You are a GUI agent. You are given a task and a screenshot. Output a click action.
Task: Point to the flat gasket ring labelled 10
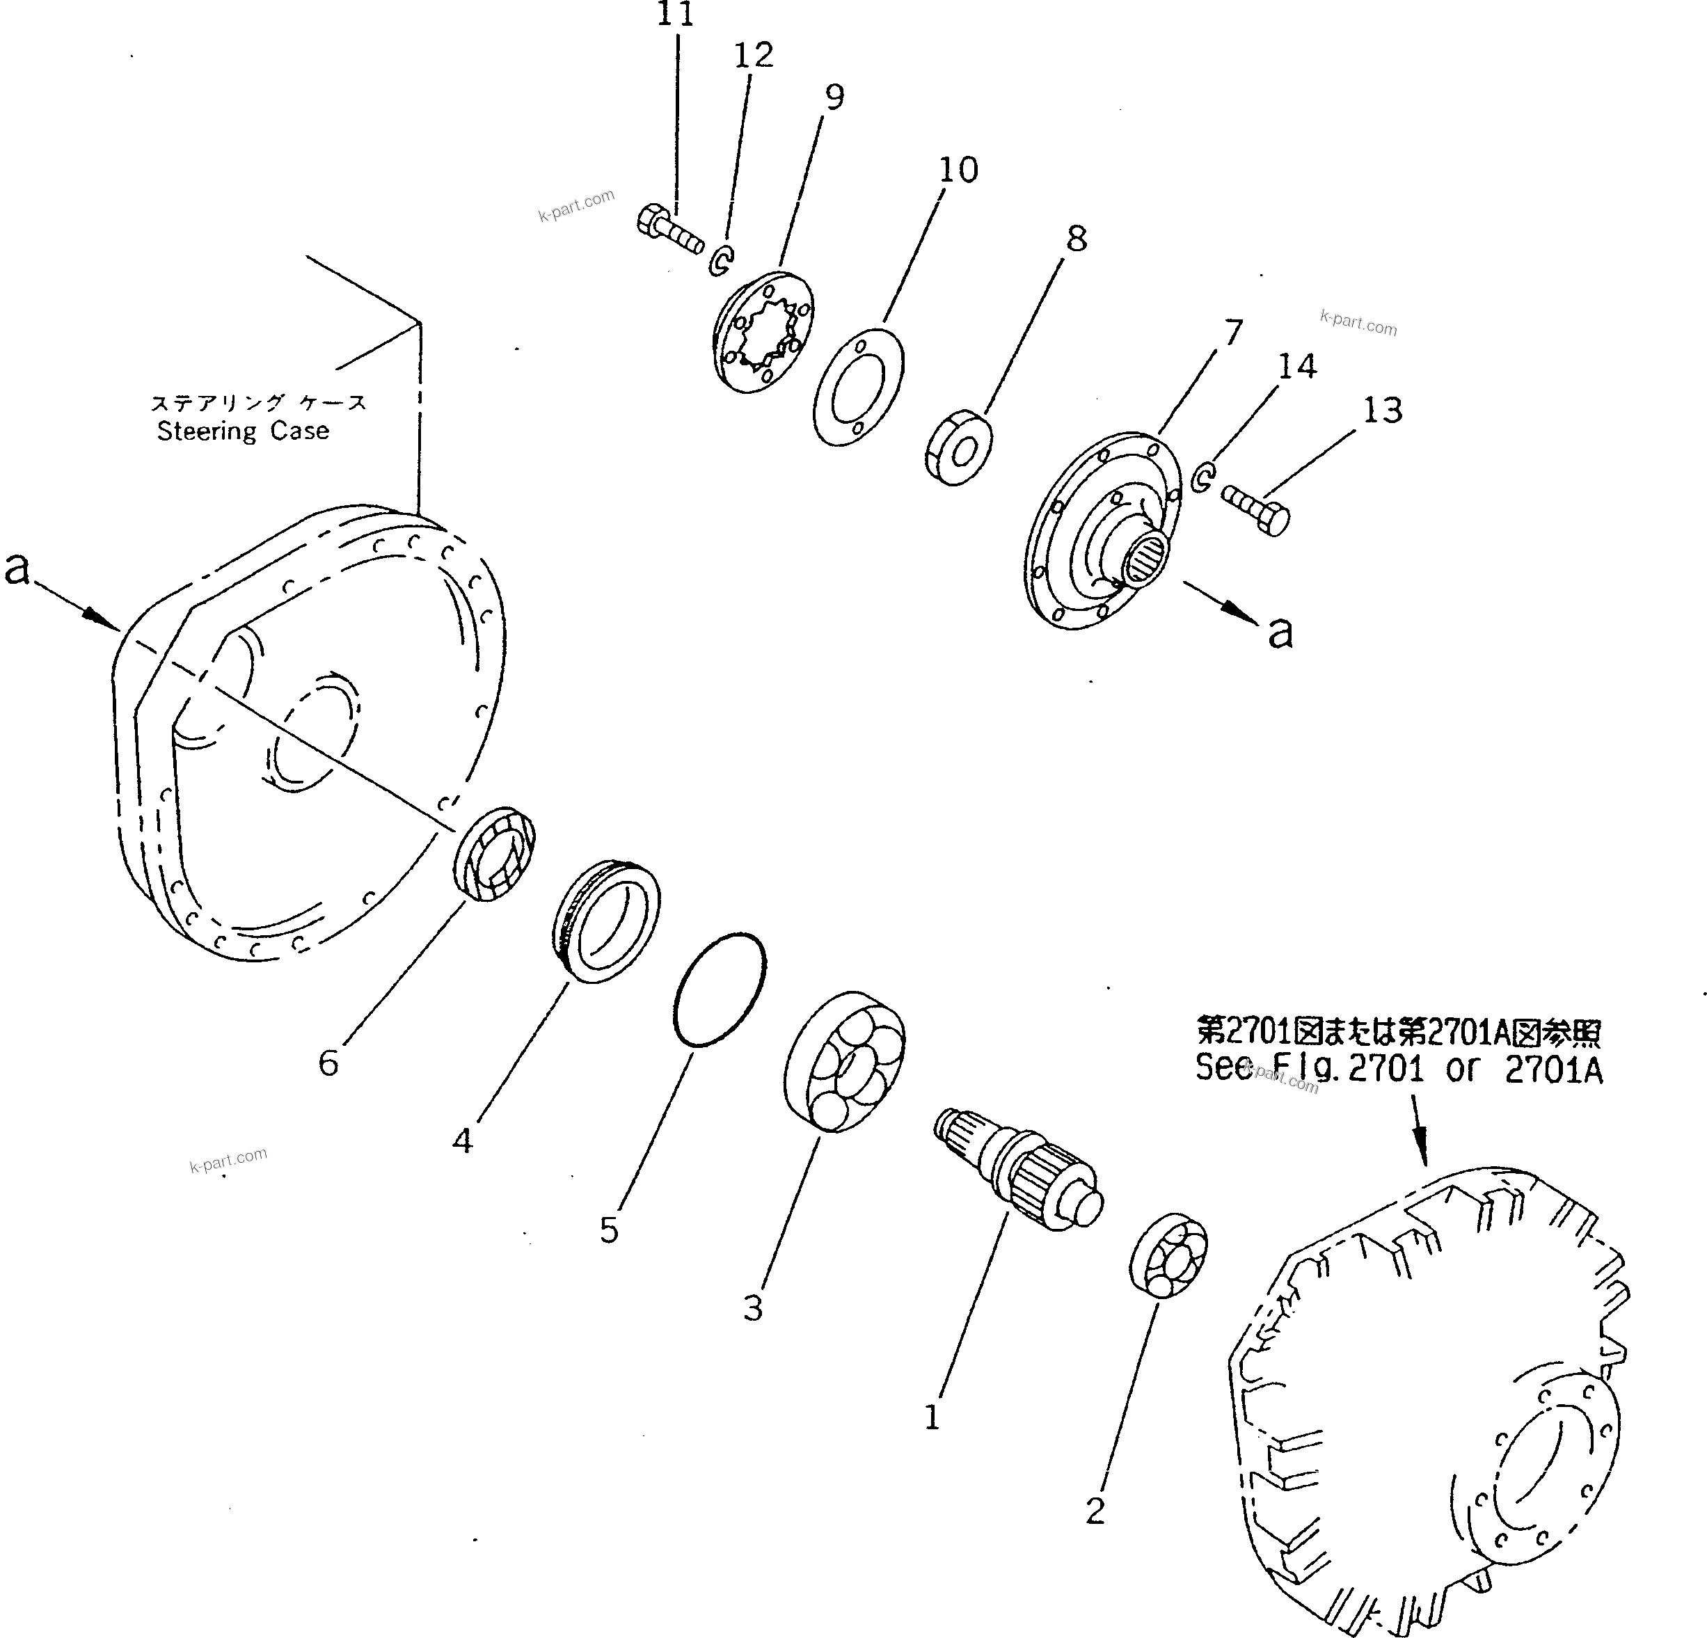(858, 388)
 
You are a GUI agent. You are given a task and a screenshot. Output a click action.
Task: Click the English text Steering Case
(243, 431)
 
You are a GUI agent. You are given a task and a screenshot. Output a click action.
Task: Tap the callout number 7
(1232, 333)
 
